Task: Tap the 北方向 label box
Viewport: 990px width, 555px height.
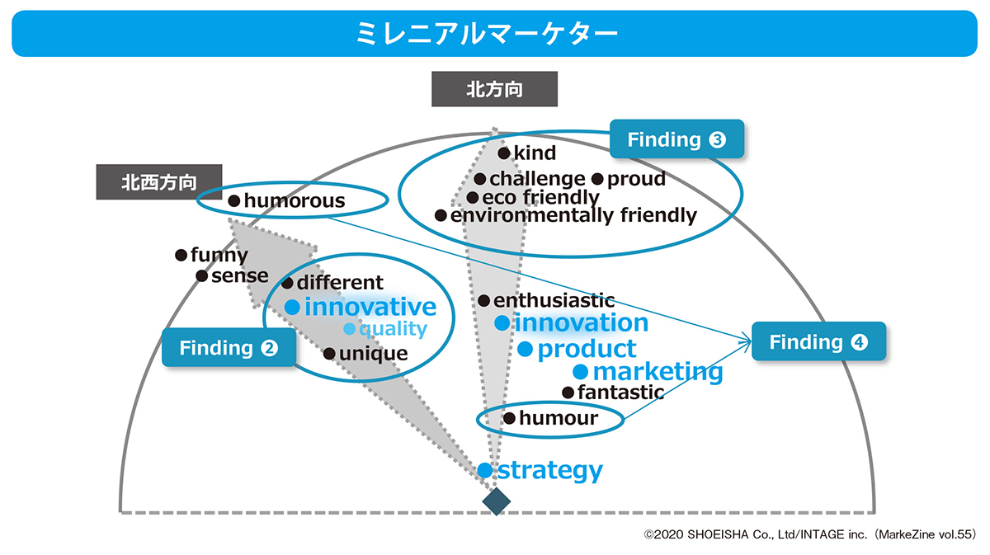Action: (x=494, y=89)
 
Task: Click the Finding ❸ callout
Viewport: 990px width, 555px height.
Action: (x=676, y=139)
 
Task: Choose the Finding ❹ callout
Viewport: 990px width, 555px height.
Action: (x=818, y=341)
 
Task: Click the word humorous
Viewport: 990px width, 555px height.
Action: (x=295, y=200)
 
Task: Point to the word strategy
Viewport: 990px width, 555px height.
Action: (x=550, y=471)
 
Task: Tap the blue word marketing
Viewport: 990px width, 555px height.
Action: (x=658, y=372)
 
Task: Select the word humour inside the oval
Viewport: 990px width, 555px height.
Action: (x=559, y=419)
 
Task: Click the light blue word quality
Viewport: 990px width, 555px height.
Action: (x=393, y=330)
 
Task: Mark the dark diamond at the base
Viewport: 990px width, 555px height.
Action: (x=495, y=501)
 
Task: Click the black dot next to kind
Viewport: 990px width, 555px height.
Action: (x=504, y=153)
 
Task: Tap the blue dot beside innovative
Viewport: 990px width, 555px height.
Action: (x=291, y=307)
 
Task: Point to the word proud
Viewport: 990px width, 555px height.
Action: (x=636, y=179)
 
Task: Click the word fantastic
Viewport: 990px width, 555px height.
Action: (x=620, y=393)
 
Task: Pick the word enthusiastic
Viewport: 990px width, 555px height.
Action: (x=554, y=302)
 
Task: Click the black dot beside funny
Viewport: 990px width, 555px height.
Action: (x=181, y=256)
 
